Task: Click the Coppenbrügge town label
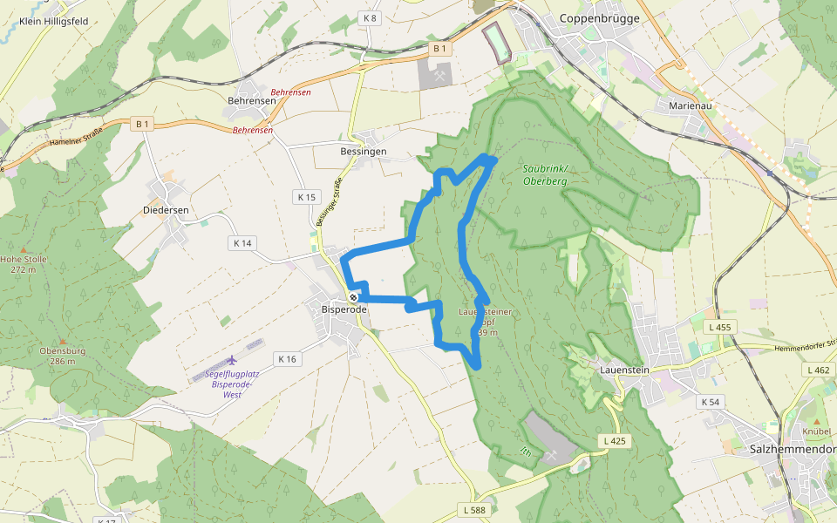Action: (599, 17)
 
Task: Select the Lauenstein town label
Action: (625, 370)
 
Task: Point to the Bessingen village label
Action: (362, 151)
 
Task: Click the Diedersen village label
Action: (166, 210)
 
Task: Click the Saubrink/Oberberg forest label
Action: (545, 174)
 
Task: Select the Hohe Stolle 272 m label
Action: (24, 264)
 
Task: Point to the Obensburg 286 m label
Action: (61, 356)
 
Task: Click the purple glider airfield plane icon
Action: (232, 360)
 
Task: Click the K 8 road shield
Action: (370, 17)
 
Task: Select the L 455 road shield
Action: (719, 326)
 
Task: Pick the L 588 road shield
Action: (474, 509)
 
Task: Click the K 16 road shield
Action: (288, 358)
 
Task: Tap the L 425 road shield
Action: (615, 441)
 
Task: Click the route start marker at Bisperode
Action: (354, 296)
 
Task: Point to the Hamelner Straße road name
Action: (76, 136)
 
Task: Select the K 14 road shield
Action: (242, 243)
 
